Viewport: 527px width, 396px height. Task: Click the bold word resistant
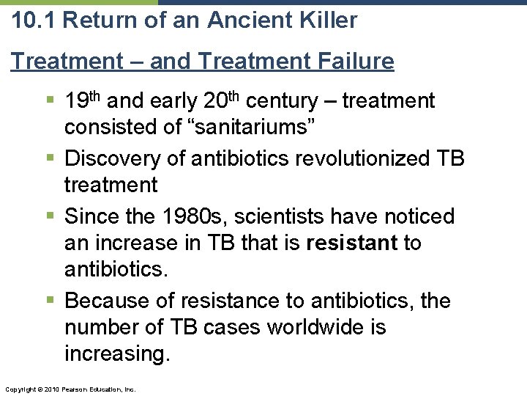(x=352, y=242)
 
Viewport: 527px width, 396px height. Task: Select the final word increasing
(x=117, y=353)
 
